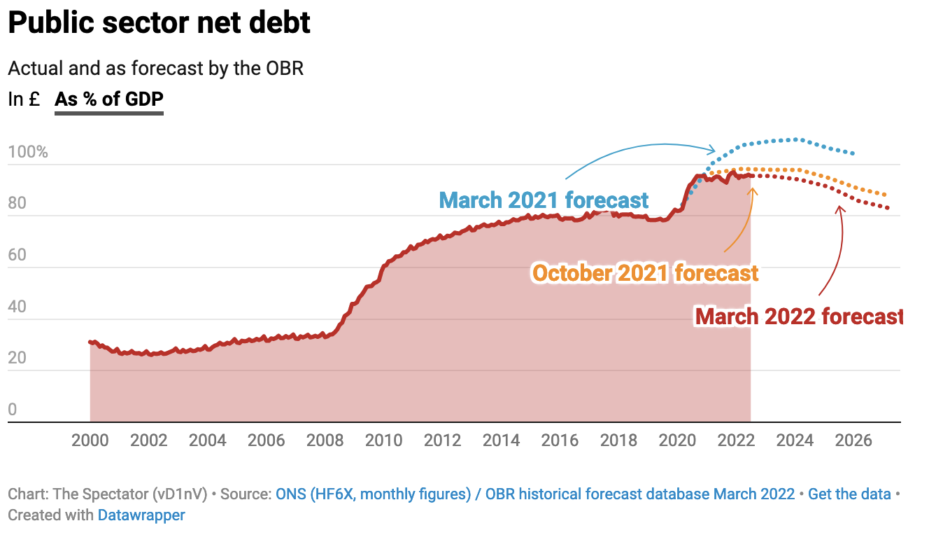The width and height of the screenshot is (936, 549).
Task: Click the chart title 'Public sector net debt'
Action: (x=159, y=23)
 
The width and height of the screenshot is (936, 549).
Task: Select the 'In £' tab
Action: (x=24, y=99)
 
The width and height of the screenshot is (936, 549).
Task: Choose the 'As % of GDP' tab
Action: (x=109, y=99)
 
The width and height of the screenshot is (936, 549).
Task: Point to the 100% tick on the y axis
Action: (x=28, y=152)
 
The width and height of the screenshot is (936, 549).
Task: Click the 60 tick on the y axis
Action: (x=17, y=255)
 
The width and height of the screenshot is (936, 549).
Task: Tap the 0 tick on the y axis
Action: (x=12, y=410)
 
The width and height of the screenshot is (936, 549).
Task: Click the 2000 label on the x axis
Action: (x=90, y=440)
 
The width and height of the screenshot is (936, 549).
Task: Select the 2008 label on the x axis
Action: (x=325, y=440)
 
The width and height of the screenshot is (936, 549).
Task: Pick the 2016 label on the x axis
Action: (x=560, y=440)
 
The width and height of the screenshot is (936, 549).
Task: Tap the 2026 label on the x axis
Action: (x=854, y=440)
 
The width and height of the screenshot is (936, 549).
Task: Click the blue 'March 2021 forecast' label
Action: (x=544, y=200)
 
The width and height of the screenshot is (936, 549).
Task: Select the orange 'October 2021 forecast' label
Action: (x=645, y=272)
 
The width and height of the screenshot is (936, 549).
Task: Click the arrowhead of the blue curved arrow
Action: (x=714, y=149)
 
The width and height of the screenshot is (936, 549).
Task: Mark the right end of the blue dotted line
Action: (x=853, y=153)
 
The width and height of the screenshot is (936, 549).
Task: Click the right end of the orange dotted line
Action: (x=886, y=195)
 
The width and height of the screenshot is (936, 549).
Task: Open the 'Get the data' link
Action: (x=849, y=494)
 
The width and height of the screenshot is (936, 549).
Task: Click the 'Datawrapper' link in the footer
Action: (x=141, y=515)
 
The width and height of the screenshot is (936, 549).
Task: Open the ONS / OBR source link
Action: (x=535, y=494)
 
